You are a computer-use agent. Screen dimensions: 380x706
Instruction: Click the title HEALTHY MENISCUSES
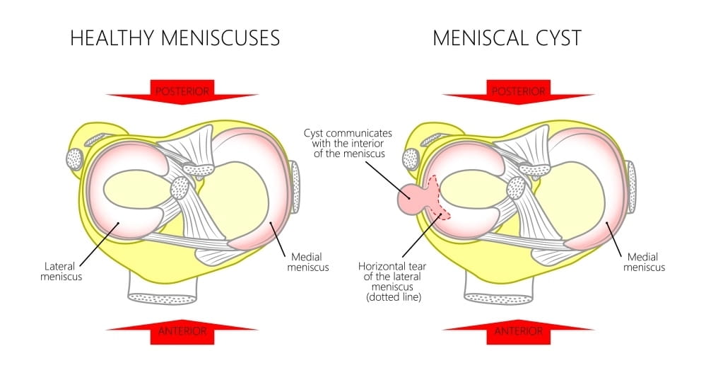coord(175,38)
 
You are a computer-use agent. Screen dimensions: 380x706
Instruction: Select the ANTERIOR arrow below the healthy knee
coord(182,331)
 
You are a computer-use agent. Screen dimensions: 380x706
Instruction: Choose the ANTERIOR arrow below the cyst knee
coord(518,331)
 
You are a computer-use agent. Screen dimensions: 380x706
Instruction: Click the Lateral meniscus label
coord(61,271)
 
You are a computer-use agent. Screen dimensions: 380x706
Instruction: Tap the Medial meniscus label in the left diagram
coord(305,262)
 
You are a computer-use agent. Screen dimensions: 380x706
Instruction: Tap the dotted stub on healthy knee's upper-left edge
coord(74,159)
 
